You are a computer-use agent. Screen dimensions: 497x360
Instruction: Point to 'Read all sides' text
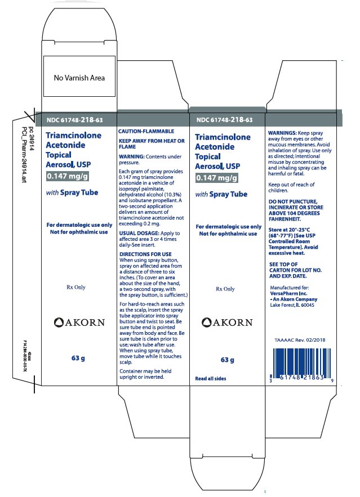tap(211, 378)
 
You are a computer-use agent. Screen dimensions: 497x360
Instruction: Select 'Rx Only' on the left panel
tap(75, 287)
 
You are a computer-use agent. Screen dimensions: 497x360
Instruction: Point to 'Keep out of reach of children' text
tap(292, 187)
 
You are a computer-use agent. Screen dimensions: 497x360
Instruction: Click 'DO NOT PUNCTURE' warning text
tap(292, 202)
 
